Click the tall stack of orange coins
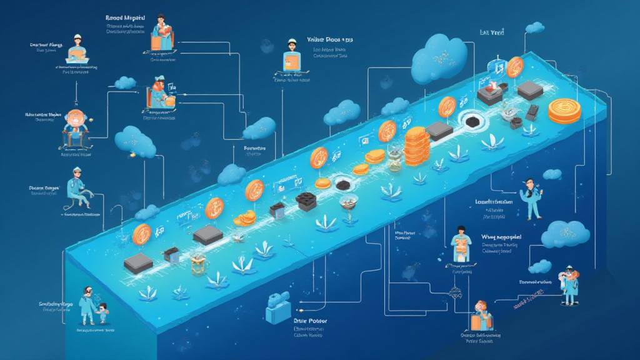tap(416, 146)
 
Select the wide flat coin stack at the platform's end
tap(564, 110)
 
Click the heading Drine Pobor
tap(311, 321)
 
